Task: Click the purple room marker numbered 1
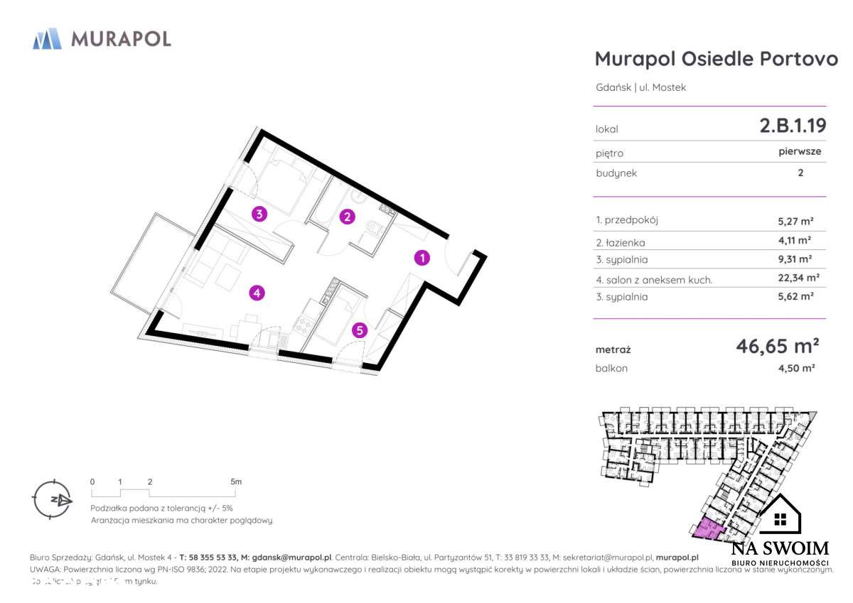coord(422,258)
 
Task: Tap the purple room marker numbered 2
coord(346,217)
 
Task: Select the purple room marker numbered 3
coord(260,213)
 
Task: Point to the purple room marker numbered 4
coord(257,292)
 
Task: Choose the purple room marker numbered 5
coord(360,329)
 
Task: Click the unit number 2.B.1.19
coord(793,126)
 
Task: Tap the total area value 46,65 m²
coord(778,346)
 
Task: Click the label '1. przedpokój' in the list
coord(627,220)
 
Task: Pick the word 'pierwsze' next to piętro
coord(800,151)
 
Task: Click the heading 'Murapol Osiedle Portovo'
coord(716,58)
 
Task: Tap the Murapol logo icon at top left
coord(47,38)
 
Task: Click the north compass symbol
coord(52,499)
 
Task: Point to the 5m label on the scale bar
coord(236,482)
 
